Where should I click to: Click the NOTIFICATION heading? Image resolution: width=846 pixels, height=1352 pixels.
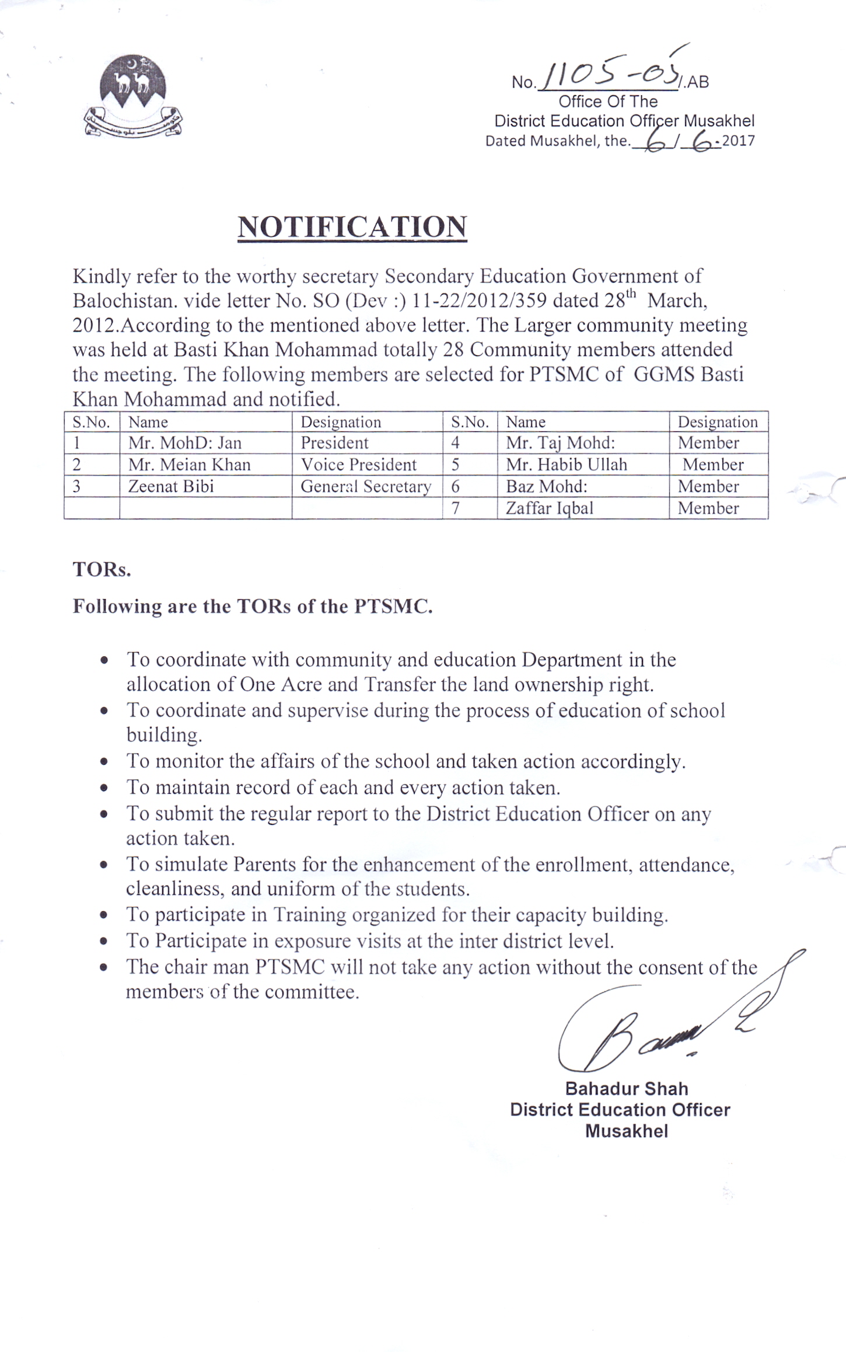[352, 227]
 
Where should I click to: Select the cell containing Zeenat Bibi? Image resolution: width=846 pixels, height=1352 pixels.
[171, 486]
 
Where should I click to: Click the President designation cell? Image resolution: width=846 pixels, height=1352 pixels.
[334, 442]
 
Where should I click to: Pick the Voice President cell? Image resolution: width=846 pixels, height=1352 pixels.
[358, 465]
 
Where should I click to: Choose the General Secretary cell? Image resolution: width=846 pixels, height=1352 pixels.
[366, 486]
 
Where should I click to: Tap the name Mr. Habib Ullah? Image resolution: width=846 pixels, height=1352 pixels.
[566, 465]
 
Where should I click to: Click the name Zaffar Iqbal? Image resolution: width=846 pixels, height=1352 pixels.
[549, 508]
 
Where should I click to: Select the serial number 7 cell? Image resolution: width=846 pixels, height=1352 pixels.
[456, 508]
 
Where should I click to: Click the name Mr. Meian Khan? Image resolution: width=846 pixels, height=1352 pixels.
[189, 465]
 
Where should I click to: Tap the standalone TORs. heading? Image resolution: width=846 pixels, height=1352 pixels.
[102, 570]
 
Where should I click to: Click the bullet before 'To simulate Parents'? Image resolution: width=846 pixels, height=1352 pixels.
[104, 865]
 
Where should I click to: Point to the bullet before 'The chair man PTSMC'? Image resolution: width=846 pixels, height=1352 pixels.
[104, 968]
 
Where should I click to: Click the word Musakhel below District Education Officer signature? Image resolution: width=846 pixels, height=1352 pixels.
[626, 1131]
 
